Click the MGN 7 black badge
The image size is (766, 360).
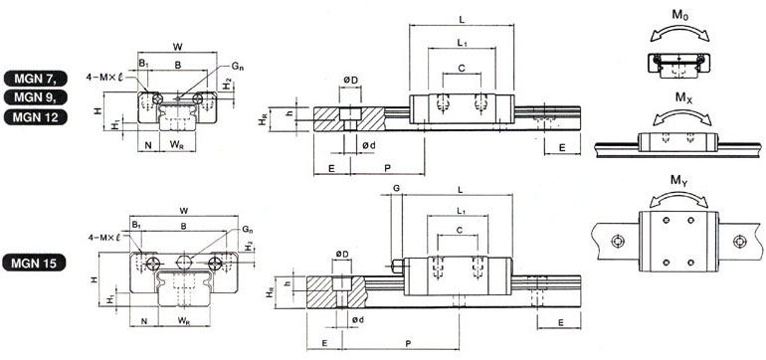point(36,79)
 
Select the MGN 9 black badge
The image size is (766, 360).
point(36,97)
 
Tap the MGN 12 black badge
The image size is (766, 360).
point(36,117)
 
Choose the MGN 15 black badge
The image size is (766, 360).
point(34,264)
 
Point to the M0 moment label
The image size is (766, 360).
point(679,15)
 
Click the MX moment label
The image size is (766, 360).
point(683,97)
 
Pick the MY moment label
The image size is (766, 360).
point(679,180)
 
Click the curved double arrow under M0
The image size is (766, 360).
point(680,31)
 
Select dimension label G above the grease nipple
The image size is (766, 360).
point(396,188)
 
